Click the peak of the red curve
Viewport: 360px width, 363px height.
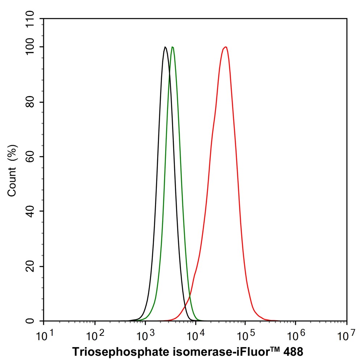(226, 47)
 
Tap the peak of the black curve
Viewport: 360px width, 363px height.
(165, 47)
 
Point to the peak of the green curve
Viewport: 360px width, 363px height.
(173, 47)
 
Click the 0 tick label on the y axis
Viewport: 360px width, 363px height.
(31, 321)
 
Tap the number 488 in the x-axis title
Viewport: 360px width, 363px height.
(292, 352)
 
